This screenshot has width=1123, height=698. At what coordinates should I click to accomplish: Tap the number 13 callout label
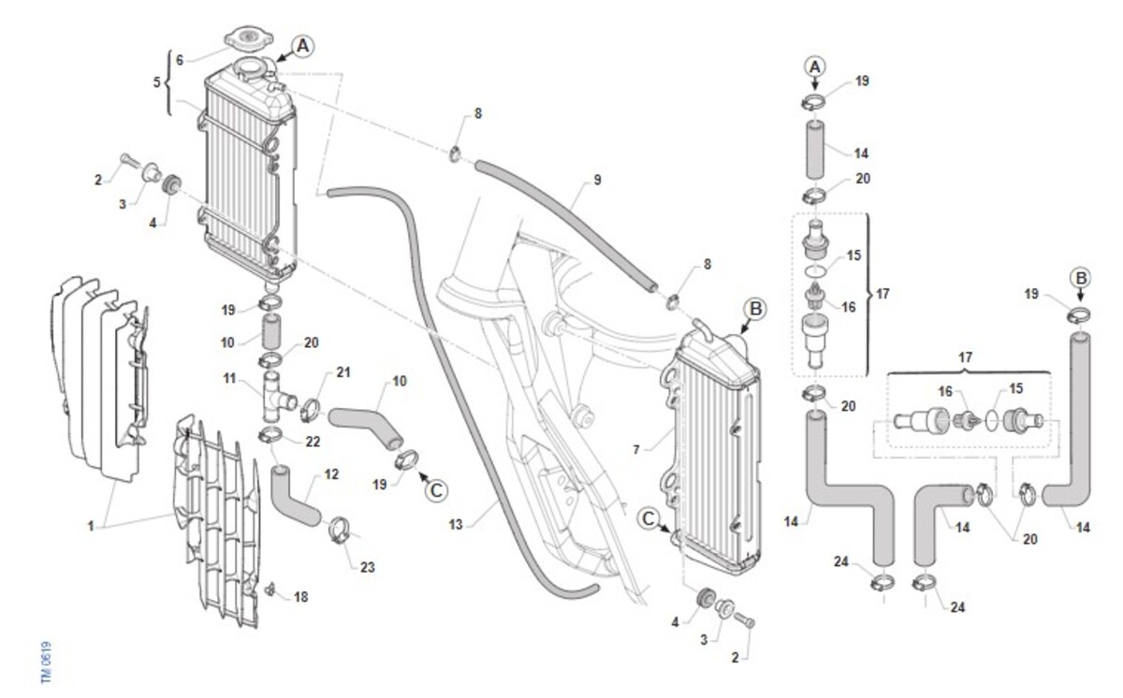[x=457, y=526]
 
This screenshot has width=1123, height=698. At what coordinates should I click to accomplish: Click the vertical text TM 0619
[x=46, y=662]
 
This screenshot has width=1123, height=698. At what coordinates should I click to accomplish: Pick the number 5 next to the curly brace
[x=156, y=81]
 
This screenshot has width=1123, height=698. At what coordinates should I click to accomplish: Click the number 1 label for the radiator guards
[x=91, y=527]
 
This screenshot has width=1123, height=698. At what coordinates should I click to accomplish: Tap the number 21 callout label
[x=343, y=373]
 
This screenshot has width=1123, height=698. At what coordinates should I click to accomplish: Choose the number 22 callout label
[x=312, y=442]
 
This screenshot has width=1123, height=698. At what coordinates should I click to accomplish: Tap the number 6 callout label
[x=180, y=59]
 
